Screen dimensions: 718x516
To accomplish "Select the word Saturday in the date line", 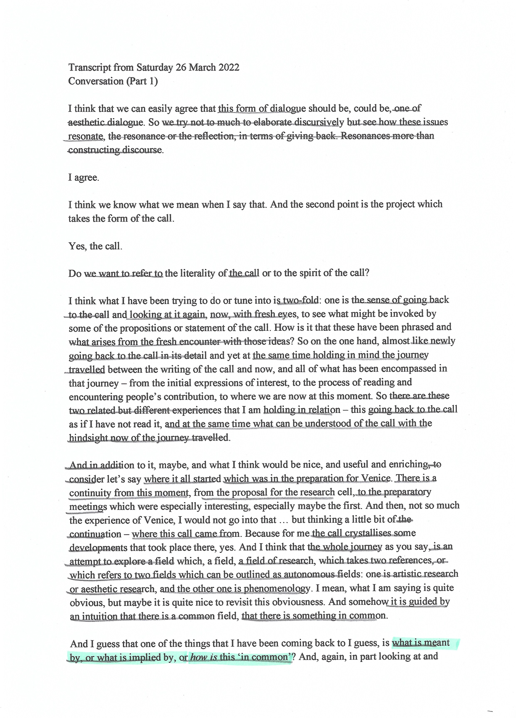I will point(155,68).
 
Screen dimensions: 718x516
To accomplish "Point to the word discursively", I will point(313,122).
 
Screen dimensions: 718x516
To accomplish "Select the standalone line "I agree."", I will point(84,178).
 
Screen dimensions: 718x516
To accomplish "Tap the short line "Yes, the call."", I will point(95,246).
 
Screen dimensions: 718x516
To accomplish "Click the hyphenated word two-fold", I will point(300,300).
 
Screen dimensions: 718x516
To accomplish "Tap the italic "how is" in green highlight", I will point(203,657).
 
